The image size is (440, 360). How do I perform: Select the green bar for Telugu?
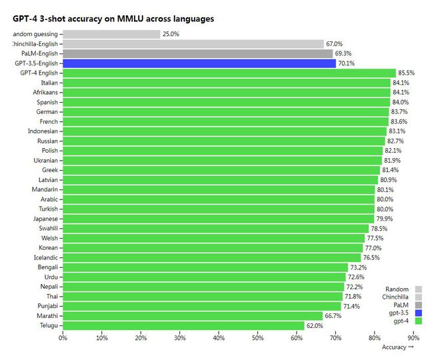point(183,325)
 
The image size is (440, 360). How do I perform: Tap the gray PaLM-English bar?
point(197,53)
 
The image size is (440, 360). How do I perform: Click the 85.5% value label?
point(405,73)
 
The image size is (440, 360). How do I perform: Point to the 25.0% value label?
point(171,34)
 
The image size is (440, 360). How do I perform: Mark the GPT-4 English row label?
point(39,73)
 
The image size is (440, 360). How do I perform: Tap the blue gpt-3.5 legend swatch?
point(419,313)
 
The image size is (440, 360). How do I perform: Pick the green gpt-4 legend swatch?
point(419,321)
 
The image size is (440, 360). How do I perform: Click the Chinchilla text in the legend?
point(395,297)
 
